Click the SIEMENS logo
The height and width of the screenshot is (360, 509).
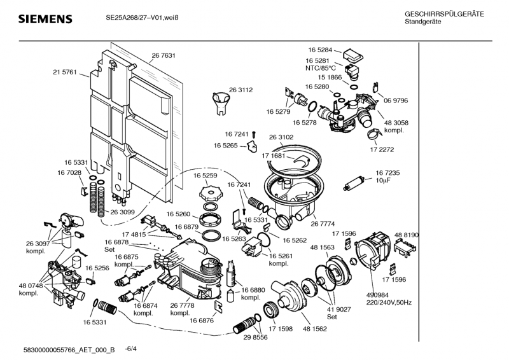point(44,18)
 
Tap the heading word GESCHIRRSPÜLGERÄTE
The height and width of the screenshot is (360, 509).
point(444,14)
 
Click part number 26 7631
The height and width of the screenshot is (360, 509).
point(164,55)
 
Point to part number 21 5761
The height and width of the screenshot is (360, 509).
point(64,73)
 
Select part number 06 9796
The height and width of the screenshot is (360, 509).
point(395,100)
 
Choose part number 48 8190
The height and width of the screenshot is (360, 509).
point(407,235)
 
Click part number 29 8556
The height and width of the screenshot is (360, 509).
point(256,337)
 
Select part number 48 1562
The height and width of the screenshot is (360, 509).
point(315,329)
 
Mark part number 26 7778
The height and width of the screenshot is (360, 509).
point(181,306)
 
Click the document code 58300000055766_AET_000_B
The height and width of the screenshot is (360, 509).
point(69,349)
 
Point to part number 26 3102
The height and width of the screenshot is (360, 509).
point(281,137)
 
